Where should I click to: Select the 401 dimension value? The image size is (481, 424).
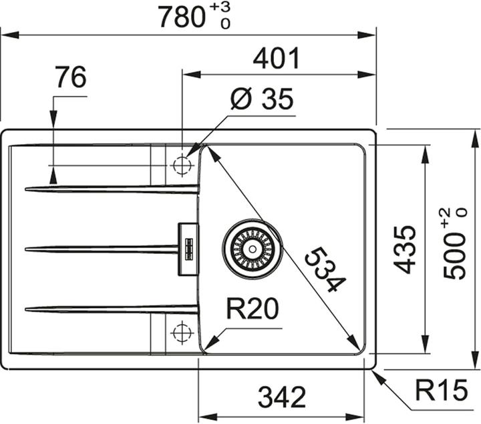point(275,59)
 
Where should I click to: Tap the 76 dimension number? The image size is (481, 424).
point(71,79)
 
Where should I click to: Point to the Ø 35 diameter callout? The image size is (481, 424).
point(261,100)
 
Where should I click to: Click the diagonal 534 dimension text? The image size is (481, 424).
point(325,270)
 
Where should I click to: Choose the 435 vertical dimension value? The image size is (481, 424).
point(404,249)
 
